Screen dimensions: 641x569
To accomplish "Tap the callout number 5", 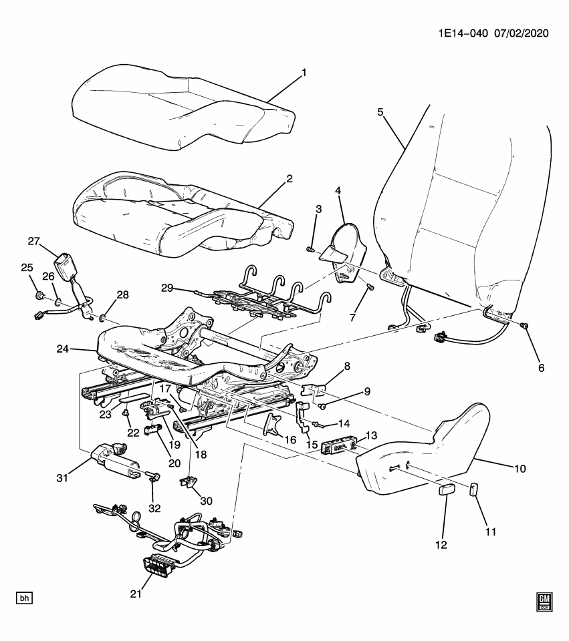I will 380,112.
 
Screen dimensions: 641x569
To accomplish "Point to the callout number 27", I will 35,241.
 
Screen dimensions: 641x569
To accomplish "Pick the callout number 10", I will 520,468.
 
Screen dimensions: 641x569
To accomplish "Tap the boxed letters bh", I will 24,598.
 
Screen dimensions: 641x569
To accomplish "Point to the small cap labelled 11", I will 475,491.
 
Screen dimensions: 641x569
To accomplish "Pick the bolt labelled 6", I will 524,325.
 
